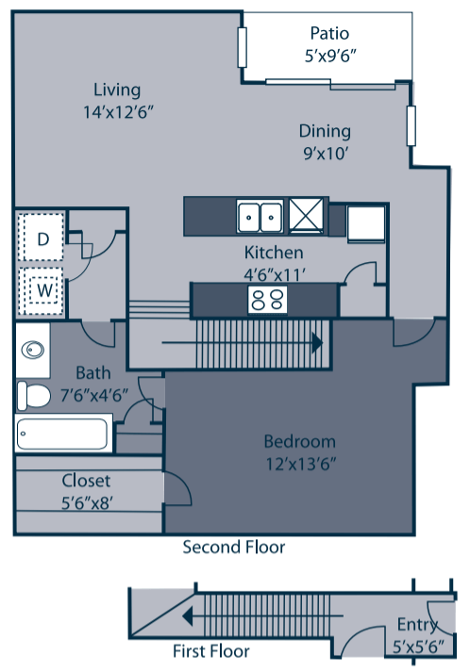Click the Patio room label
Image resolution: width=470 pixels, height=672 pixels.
[x=329, y=33]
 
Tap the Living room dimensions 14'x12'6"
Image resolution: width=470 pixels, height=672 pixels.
[x=118, y=112]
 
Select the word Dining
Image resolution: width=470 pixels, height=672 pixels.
[x=325, y=131]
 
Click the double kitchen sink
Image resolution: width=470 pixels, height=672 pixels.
[x=260, y=217]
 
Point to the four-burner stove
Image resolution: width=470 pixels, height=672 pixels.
[x=267, y=299]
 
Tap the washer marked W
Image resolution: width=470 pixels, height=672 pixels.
[x=42, y=290]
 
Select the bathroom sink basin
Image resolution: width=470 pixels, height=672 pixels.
[x=33, y=350]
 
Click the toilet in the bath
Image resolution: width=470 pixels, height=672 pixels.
[x=33, y=396]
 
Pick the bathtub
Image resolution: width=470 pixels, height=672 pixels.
[x=63, y=434]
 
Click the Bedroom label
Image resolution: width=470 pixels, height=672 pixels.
[x=299, y=442]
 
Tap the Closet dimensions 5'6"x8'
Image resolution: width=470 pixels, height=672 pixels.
[x=87, y=503]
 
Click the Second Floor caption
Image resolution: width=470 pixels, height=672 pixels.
[x=234, y=548]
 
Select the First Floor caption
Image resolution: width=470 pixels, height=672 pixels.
[x=211, y=651]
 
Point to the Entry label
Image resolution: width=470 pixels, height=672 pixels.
[x=417, y=625]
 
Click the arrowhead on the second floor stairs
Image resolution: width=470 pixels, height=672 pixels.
[x=317, y=343]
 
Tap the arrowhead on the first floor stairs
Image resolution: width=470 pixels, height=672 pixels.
[x=187, y=616]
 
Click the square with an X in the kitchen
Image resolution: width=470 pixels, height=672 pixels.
[x=306, y=214]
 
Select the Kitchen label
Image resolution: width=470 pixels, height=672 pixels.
[x=274, y=253]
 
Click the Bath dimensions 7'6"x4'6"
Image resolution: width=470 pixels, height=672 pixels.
[x=94, y=395]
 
